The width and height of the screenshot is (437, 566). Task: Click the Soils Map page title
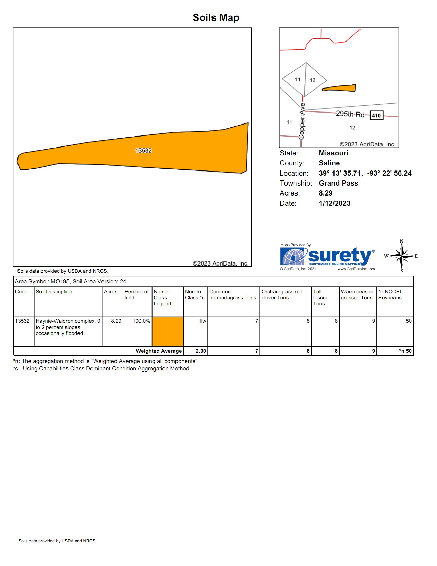216,17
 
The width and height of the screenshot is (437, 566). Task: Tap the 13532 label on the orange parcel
143,151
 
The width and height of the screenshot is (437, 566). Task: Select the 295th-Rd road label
350,114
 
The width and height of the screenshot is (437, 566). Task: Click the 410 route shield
376,116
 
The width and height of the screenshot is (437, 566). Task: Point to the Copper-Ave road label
302,121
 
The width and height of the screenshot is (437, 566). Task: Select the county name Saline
329,163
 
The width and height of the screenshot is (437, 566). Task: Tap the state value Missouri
333,153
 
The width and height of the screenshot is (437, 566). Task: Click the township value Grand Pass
338,183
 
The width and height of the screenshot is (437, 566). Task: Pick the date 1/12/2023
335,203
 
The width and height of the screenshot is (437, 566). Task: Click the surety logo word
339,256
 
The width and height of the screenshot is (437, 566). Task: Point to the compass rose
402,256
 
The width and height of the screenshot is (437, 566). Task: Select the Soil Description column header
54,292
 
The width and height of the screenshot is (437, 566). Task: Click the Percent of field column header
136,295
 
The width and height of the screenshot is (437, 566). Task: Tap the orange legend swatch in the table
168,331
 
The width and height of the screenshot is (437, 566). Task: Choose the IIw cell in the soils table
203,321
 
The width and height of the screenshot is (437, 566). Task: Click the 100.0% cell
141,321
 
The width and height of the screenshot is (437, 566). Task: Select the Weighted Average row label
159,351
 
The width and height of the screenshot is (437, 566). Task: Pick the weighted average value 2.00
201,351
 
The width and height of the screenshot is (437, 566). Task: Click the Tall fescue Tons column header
320,297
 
